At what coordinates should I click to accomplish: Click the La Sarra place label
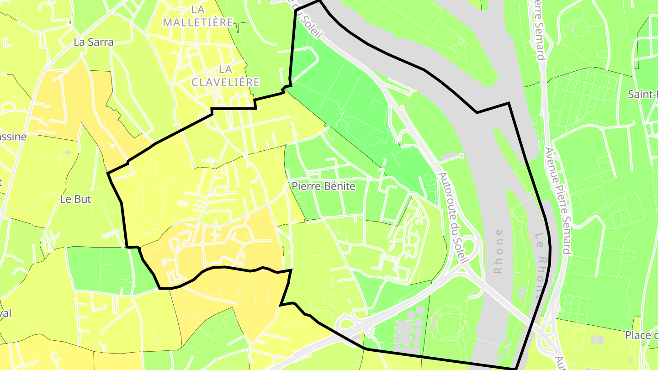[x=93, y=42]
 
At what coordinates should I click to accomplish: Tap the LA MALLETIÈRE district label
[x=198, y=16]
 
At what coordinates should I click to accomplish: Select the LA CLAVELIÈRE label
[x=225, y=76]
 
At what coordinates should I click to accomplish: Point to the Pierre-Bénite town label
[x=323, y=186]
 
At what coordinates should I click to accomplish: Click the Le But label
[x=76, y=199]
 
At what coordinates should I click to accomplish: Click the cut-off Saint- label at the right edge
[x=642, y=95]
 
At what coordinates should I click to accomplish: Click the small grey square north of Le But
[x=68, y=152]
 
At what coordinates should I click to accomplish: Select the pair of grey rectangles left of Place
[x=597, y=339]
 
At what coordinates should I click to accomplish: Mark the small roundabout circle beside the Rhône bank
[x=461, y=156]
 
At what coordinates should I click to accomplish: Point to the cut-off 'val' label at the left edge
[x=5, y=313]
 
